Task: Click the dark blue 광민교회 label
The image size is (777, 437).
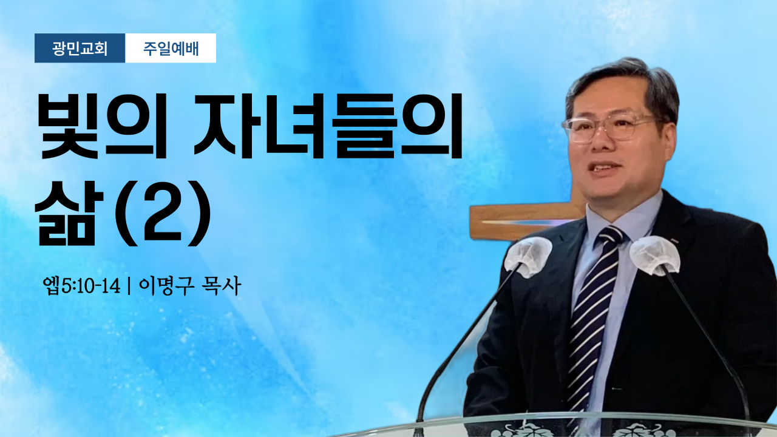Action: click(80, 48)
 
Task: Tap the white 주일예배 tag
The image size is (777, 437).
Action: click(171, 48)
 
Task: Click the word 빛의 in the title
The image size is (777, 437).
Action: click(101, 126)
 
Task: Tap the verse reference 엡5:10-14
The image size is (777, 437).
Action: click(82, 286)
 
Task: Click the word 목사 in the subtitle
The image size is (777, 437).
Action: click(223, 286)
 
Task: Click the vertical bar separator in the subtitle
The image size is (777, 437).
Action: click(129, 286)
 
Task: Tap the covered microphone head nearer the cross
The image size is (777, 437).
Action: click(528, 257)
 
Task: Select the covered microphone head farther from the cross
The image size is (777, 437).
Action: click(655, 256)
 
